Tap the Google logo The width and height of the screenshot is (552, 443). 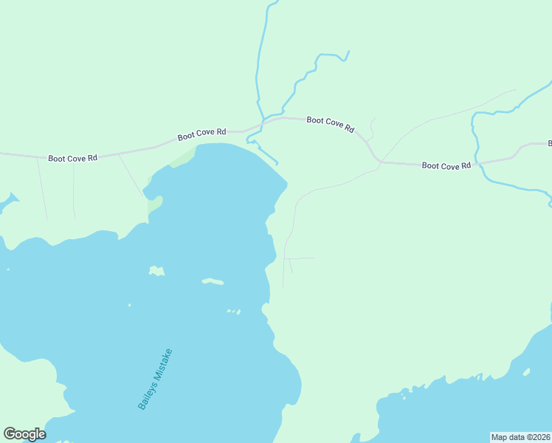[x=24, y=434]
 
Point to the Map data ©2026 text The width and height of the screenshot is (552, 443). [x=520, y=437]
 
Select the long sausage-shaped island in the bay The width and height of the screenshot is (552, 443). [x=213, y=281]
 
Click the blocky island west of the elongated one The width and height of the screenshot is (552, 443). [x=156, y=271]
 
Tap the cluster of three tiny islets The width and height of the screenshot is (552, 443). [x=234, y=312]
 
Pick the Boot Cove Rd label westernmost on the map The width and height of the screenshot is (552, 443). [x=72, y=158]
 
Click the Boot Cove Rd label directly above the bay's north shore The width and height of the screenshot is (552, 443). [x=201, y=135]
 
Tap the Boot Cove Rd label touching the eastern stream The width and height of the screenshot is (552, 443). [x=446, y=165]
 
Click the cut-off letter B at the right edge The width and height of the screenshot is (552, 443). [x=549, y=142]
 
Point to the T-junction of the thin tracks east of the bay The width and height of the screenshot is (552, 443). [x=286, y=258]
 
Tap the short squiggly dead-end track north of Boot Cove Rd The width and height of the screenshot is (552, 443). [x=372, y=128]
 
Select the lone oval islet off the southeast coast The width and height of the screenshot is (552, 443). [x=526, y=371]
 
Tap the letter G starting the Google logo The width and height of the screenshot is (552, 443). [x=9, y=434]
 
